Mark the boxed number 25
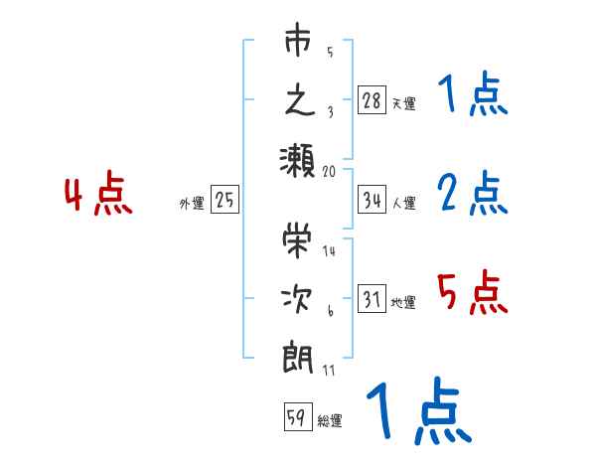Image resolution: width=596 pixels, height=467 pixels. point(224,201)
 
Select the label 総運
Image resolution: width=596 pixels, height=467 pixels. point(330,420)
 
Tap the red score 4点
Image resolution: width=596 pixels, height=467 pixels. point(98,195)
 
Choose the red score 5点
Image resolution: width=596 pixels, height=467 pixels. point(472,293)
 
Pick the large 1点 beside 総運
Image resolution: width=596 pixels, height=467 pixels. point(416,413)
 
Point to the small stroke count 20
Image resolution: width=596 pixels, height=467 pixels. point(330,171)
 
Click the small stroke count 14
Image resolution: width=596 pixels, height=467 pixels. point(330,251)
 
